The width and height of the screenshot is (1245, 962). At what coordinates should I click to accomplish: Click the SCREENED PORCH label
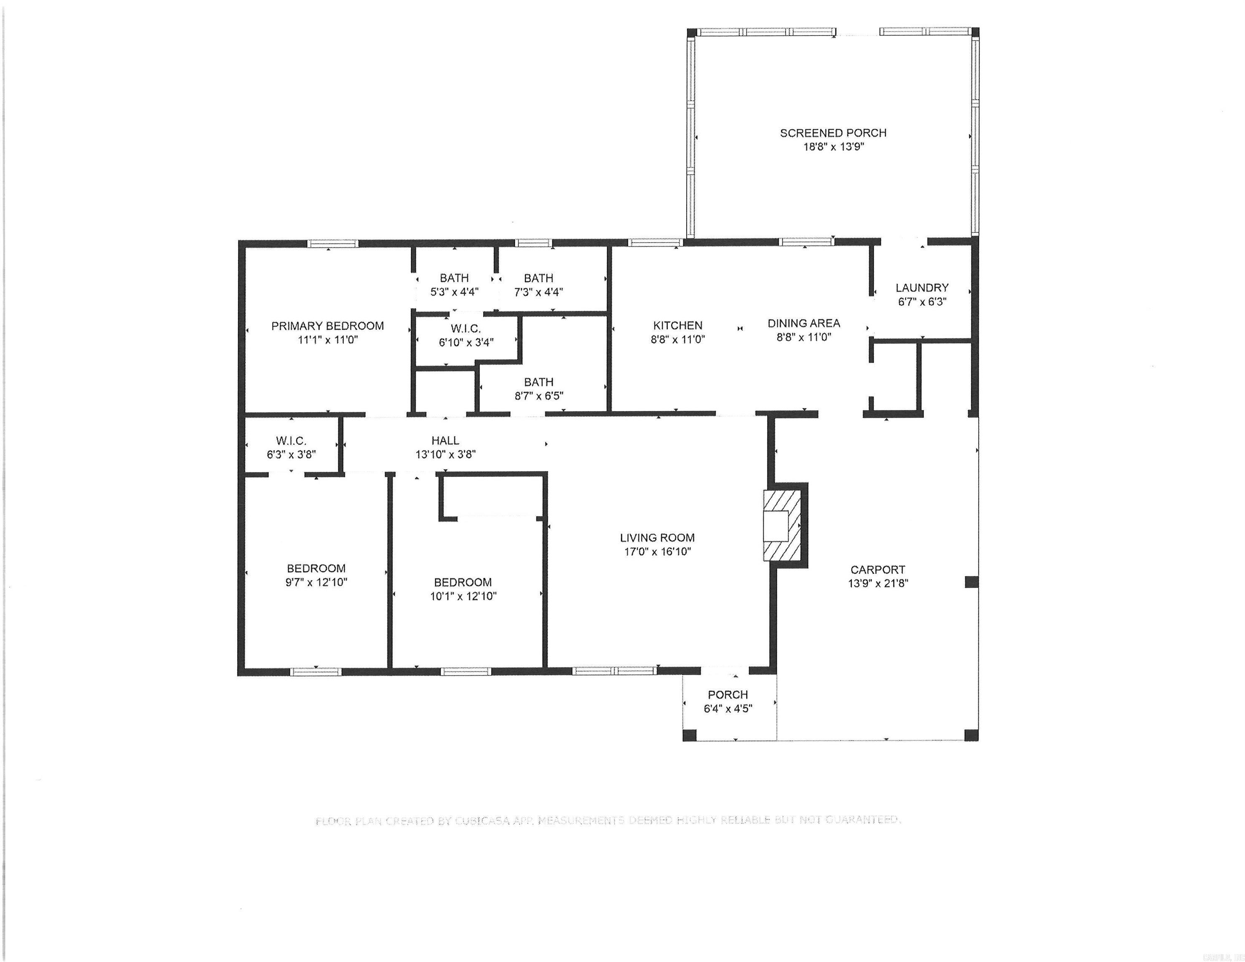833,133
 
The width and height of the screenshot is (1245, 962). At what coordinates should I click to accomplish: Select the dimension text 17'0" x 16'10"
657,552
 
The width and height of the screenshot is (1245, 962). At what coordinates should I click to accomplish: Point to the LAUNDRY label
921,288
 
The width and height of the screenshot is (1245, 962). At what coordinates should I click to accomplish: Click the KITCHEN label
677,325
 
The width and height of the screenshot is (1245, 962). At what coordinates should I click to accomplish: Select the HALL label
445,440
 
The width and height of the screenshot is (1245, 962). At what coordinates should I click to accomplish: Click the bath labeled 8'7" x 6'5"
539,389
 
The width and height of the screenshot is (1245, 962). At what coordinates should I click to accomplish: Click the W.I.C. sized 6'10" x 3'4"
466,336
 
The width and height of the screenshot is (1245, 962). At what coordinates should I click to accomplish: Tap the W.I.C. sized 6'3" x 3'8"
291,447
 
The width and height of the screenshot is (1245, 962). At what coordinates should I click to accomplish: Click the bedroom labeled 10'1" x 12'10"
463,589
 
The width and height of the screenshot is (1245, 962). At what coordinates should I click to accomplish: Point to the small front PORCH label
728,695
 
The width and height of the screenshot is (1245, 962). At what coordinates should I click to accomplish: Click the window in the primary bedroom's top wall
333,244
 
